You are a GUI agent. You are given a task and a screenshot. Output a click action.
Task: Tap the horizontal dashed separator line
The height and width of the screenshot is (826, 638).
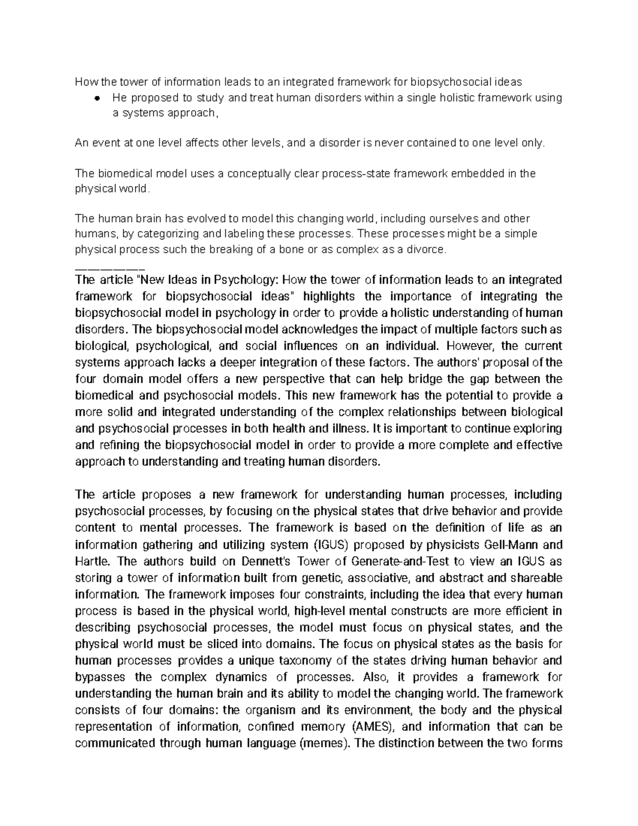(x=110, y=264)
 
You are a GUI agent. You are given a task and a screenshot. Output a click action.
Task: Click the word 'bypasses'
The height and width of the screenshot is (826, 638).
(x=100, y=677)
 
